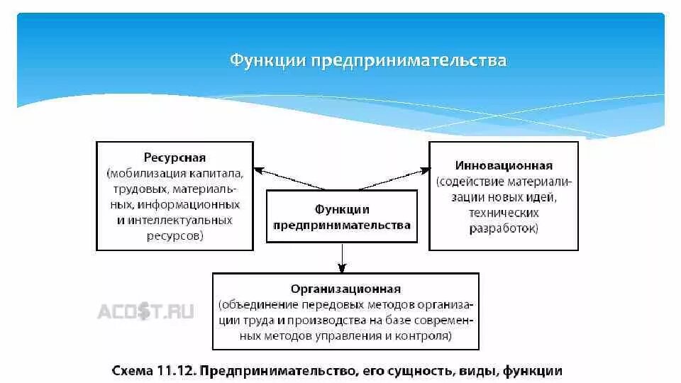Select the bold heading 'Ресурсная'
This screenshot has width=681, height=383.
pos(175,157)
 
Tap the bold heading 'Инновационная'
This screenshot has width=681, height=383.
pos(504,166)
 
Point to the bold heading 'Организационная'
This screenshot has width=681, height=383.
pos(345,289)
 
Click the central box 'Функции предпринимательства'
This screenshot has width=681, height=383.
pos(342,217)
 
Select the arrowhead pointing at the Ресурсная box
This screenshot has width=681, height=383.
pos(259,170)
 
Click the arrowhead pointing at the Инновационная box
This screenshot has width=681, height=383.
pos(426,170)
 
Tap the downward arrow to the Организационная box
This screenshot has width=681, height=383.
pos(342,267)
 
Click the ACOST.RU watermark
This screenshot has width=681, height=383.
pos(145,311)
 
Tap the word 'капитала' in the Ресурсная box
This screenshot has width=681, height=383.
pos(216,173)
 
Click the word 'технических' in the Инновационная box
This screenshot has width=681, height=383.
pos(503,213)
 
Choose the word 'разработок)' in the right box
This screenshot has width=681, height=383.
pos(504,228)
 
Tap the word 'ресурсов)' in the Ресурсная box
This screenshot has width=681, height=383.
pos(175,236)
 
